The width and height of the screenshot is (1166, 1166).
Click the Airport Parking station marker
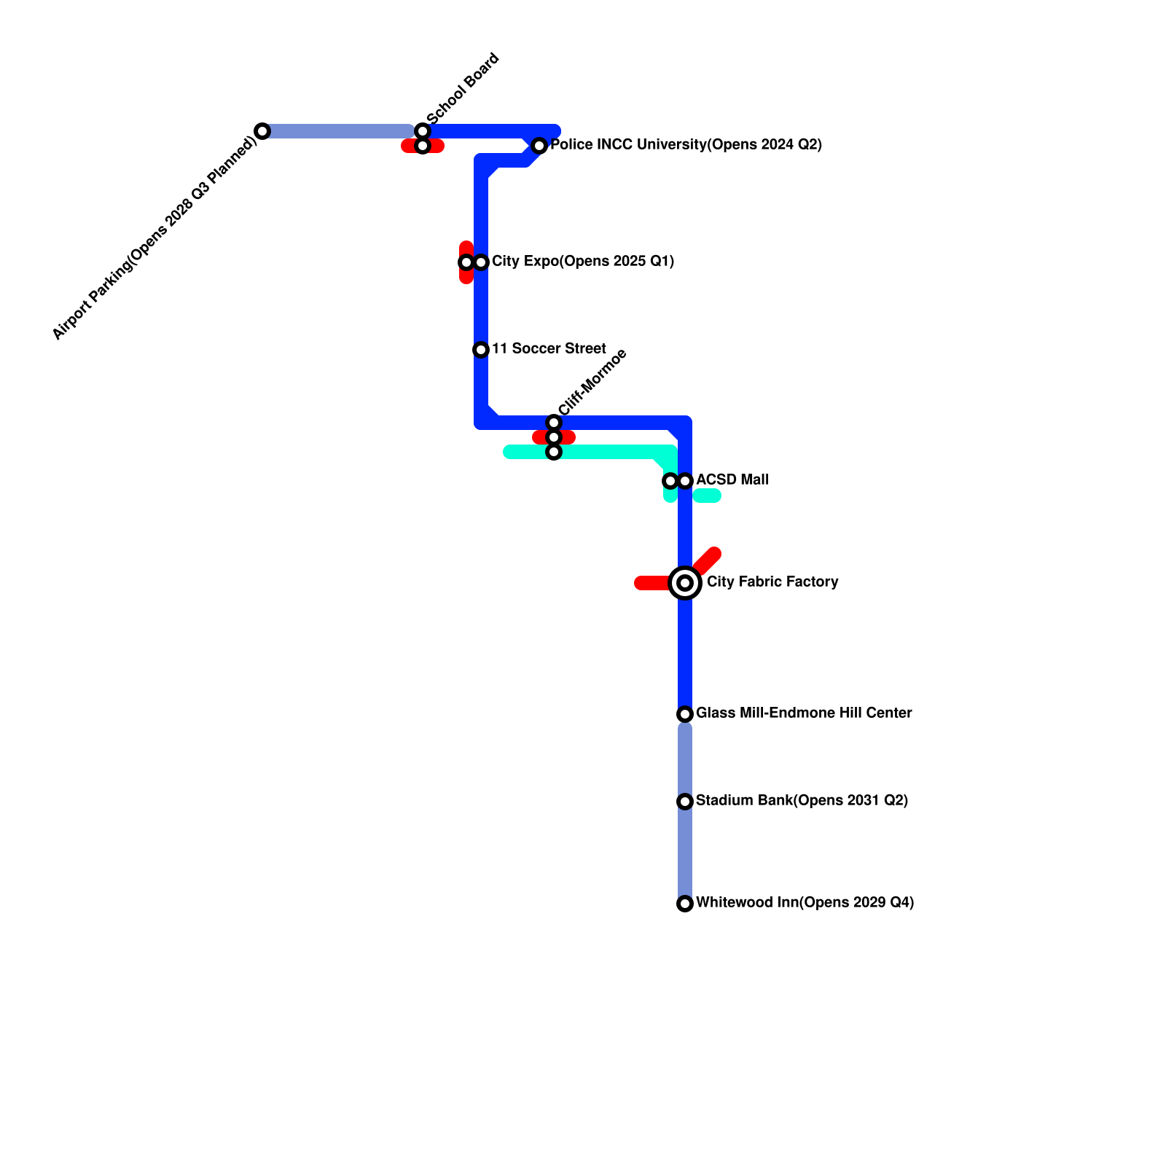262,131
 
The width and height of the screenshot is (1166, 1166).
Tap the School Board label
463,89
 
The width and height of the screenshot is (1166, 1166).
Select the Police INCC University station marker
539,146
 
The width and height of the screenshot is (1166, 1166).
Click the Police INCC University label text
686,145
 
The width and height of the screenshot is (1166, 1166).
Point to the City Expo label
582,262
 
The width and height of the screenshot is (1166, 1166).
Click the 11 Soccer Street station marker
481,350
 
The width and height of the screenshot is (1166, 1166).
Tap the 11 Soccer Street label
548,349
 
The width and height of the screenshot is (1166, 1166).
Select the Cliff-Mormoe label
592,383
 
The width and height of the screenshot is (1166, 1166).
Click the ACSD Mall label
732,480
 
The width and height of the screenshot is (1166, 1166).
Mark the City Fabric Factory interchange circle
685,583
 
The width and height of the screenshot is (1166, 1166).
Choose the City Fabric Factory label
772,582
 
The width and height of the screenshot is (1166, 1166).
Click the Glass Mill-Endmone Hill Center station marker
685,714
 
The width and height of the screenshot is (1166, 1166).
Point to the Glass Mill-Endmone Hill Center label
803,713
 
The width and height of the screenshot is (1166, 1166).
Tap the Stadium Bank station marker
685,802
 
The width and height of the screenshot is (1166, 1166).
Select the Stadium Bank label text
802,801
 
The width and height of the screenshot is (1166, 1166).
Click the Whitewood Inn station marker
685,904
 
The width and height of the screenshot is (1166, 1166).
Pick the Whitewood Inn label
805,903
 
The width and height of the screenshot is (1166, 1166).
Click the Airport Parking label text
154,238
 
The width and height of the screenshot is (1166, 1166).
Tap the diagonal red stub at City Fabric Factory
707,562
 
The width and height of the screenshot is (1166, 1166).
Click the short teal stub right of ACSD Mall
707,496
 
